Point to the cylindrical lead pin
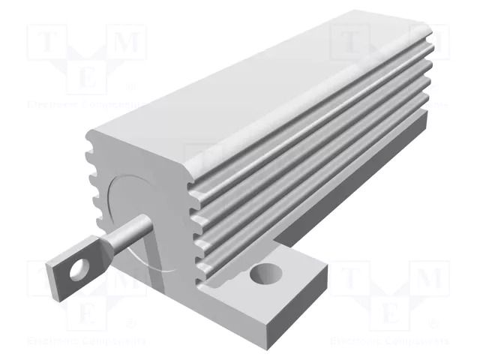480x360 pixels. pyautogui.click(x=123, y=239)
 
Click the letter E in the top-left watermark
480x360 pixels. pyautogui.click(x=87, y=76)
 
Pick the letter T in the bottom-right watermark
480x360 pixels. pyautogui.click(x=349, y=278)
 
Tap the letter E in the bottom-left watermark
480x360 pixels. pyautogui.click(x=87, y=311)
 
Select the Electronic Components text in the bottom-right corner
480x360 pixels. pyautogui.click(x=390, y=341)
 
